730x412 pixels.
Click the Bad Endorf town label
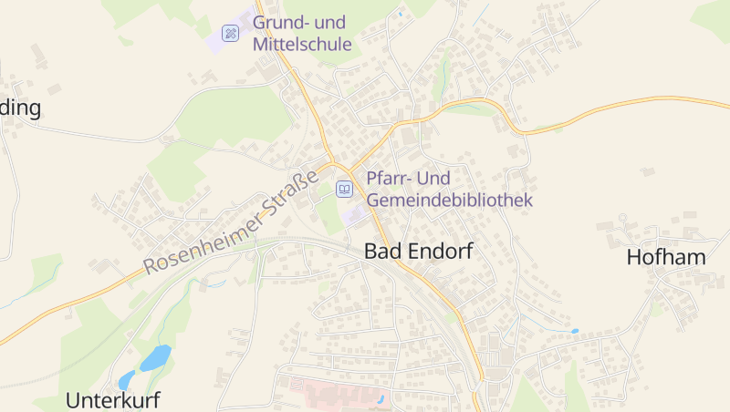pos(419,252)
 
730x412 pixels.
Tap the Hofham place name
pos(666,257)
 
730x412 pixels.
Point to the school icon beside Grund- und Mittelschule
pos(231,34)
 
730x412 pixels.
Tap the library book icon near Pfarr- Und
pos(344,189)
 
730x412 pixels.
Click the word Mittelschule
pos(302,44)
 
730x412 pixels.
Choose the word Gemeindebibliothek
pos(449,199)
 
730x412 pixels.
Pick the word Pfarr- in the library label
pos(387,179)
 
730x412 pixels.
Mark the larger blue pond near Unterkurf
pos(155,356)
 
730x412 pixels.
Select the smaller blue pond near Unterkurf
pos(127,379)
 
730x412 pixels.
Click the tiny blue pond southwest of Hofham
pos(573,331)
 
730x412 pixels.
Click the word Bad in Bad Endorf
pos(381,252)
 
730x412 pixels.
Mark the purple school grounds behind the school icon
pos(219,40)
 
